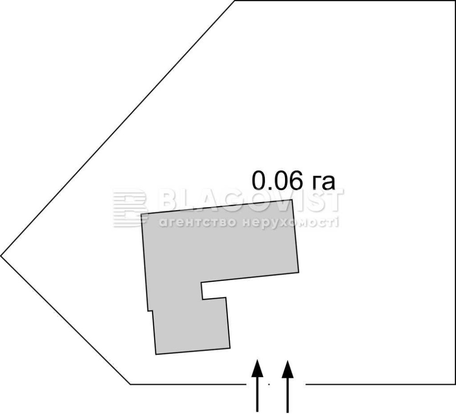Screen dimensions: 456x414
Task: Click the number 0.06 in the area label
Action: (x=276, y=180)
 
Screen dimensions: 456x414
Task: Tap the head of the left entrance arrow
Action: (x=257, y=368)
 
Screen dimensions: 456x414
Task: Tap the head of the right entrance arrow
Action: (x=288, y=369)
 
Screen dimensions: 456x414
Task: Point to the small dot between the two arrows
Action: (x=269, y=384)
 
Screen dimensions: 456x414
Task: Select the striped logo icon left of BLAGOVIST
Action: (x=130, y=207)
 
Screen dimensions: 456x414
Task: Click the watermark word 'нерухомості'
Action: (x=290, y=223)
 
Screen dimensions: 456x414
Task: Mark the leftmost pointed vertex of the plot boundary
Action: (x=1, y=256)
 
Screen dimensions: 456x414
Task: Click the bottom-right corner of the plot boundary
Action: (x=455, y=384)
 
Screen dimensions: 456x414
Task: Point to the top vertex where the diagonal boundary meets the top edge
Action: (x=235, y=1)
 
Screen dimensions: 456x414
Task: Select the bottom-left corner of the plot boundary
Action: (x=130, y=384)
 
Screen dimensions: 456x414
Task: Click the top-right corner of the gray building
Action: (x=292, y=200)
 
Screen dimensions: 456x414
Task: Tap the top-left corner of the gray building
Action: (x=141, y=215)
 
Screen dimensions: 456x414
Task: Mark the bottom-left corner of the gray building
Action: (x=156, y=354)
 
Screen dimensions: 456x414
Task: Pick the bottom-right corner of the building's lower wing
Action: (x=230, y=348)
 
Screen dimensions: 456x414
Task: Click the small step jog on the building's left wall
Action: (x=150, y=311)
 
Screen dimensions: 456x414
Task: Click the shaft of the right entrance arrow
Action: (x=288, y=395)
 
